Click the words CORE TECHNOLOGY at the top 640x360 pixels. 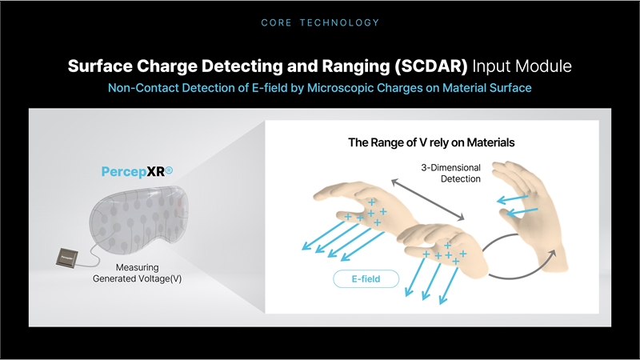point(320,22)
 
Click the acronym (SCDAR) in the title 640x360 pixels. point(430,66)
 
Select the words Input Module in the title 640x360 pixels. point(522,66)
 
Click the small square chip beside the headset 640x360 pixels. point(66,258)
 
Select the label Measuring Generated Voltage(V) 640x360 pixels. point(137,273)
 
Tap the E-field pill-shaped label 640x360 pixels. point(366,278)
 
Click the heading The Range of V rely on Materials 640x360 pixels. point(431,142)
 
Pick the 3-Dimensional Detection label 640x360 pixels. point(450,173)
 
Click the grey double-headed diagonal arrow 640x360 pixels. point(427,199)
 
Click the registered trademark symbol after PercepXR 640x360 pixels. point(169,170)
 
